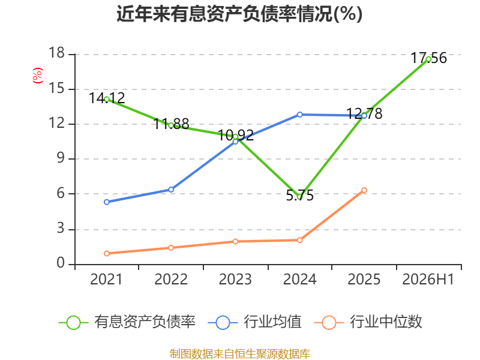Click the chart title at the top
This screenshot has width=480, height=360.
click(x=239, y=14)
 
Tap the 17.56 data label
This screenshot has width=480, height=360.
click(x=428, y=58)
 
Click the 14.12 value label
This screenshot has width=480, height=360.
click(x=107, y=98)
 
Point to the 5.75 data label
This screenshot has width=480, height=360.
click(x=299, y=196)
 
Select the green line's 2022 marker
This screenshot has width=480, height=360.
click(x=171, y=125)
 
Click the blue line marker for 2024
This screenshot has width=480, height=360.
click(x=299, y=115)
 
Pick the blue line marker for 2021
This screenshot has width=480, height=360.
click(x=107, y=202)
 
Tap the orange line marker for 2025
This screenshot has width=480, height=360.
click(x=364, y=190)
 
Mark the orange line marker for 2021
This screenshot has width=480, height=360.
click(x=107, y=253)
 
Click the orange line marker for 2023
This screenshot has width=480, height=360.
click(x=235, y=242)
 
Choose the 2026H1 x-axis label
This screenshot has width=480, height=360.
click(x=428, y=279)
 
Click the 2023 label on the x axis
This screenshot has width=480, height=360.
click(x=235, y=279)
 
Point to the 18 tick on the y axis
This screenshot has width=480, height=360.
click(x=56, y=53)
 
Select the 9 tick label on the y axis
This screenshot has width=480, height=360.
click(x=61, y=158)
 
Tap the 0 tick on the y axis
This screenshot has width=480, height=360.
click(x=61, y=263)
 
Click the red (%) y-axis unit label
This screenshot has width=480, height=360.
click(x=38, y=76)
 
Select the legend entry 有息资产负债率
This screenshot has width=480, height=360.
click(x=127, y=322)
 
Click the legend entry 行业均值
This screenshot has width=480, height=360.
click(x=254, y=322)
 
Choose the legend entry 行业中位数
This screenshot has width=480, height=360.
click(x=368, y=322)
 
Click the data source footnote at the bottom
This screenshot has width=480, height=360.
click(x=240, y=354)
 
